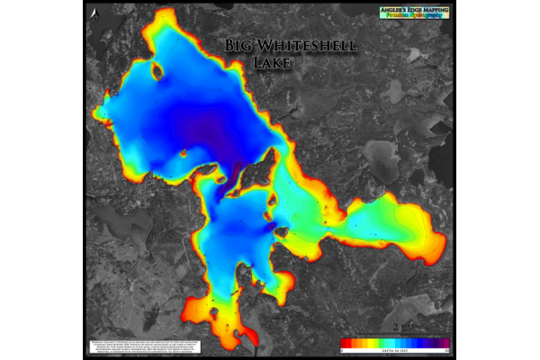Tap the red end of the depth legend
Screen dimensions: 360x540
(x=346, y=342)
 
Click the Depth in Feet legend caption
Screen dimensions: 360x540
(x=396, y=348)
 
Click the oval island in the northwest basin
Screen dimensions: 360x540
(x=157, y=72)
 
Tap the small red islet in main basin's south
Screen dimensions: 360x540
(x=184, y=154)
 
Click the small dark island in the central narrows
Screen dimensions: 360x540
(x=282, y=232)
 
